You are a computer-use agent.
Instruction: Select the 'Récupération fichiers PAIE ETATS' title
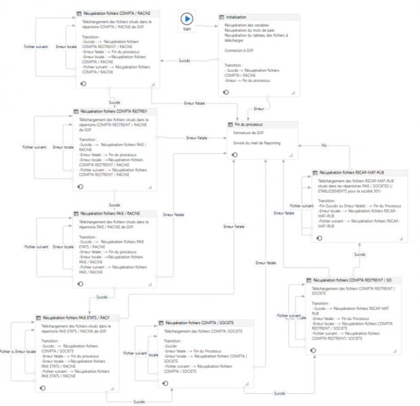point(76,317)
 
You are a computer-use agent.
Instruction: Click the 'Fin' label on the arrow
point(324,145)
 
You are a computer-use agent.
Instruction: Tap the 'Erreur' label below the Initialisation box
point(258,108)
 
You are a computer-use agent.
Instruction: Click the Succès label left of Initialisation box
point(184,61)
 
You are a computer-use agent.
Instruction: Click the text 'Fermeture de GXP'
point(247,133)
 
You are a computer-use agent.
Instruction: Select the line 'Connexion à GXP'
point(239,49)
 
